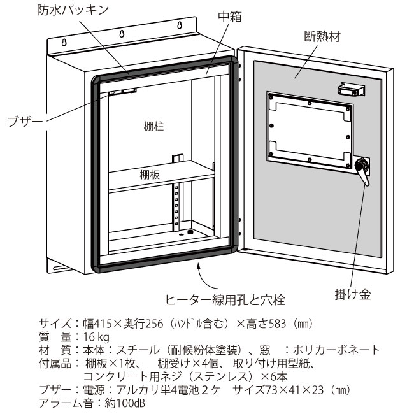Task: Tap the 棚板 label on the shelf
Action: tap(151, 174)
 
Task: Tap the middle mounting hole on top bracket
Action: tap(123, 35)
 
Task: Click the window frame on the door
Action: tap(309, 125)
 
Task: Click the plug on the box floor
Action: tap(190, 232)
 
